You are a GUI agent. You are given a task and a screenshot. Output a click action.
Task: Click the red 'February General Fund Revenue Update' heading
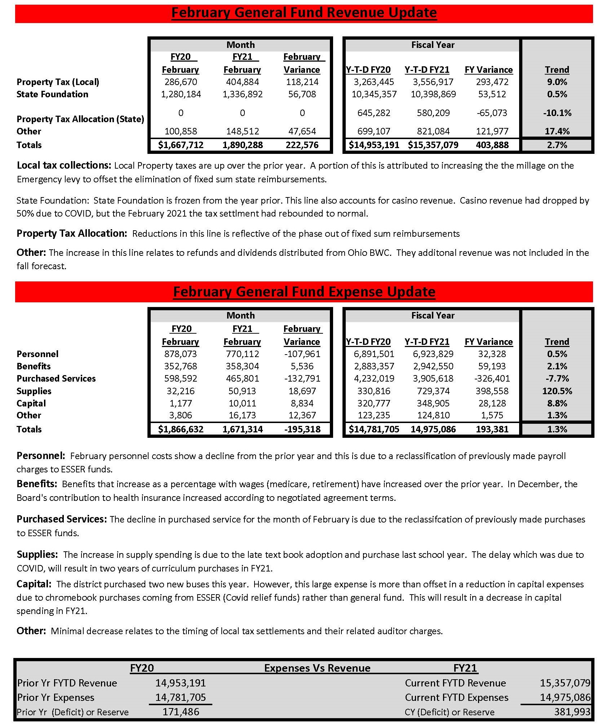(x=304, y=13)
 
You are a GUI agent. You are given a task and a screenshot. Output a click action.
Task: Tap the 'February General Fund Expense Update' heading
(x=304, y=292)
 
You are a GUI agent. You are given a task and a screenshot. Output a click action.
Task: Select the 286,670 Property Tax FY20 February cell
(x=181, y=82)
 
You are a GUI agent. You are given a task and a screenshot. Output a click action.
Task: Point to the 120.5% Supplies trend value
(x=557, y=391)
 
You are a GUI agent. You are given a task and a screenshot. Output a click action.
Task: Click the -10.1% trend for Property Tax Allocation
(x=557, y=113)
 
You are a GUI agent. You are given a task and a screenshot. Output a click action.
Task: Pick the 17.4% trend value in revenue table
(x=557, y=131)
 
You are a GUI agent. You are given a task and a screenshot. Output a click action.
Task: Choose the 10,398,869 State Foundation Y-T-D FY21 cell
(x=433, y=94)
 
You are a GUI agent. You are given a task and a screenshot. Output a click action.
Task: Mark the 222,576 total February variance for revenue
(x=302, y=145)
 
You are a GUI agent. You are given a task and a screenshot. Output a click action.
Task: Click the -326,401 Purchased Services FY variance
(x=492, y=378)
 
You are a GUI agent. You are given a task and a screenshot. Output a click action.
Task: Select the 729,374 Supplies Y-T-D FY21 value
(x=433, y=391)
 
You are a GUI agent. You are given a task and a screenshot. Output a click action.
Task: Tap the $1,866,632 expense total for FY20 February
(x=181, y=429)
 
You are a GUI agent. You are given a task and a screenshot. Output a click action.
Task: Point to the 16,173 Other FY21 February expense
(x=242, y=415)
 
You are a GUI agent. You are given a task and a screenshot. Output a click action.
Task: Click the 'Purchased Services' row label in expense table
(x=56, y=378)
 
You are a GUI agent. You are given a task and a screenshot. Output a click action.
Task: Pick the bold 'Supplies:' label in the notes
(x=37, y=554)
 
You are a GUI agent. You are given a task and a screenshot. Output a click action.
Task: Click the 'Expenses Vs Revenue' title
(x=317, y=668)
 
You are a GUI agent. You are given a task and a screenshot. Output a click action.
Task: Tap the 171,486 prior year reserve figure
(x=181, y=712)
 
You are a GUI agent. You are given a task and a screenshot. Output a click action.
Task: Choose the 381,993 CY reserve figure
(x=572, y=712)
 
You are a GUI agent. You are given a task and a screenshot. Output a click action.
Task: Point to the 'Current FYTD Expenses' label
(x=456, y=697)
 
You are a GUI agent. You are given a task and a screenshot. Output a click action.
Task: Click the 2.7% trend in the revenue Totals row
(x=557, y=145)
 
